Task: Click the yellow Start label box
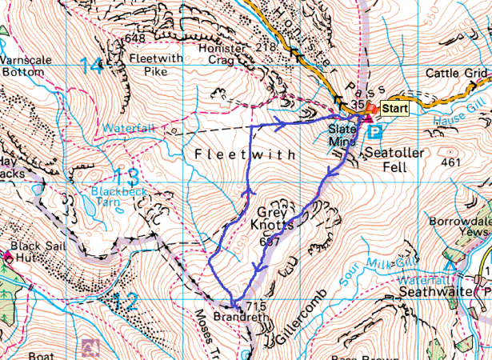[x=394, y=108]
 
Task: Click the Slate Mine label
[x=342, y=135]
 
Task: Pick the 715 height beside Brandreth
[x=255, y=307]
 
